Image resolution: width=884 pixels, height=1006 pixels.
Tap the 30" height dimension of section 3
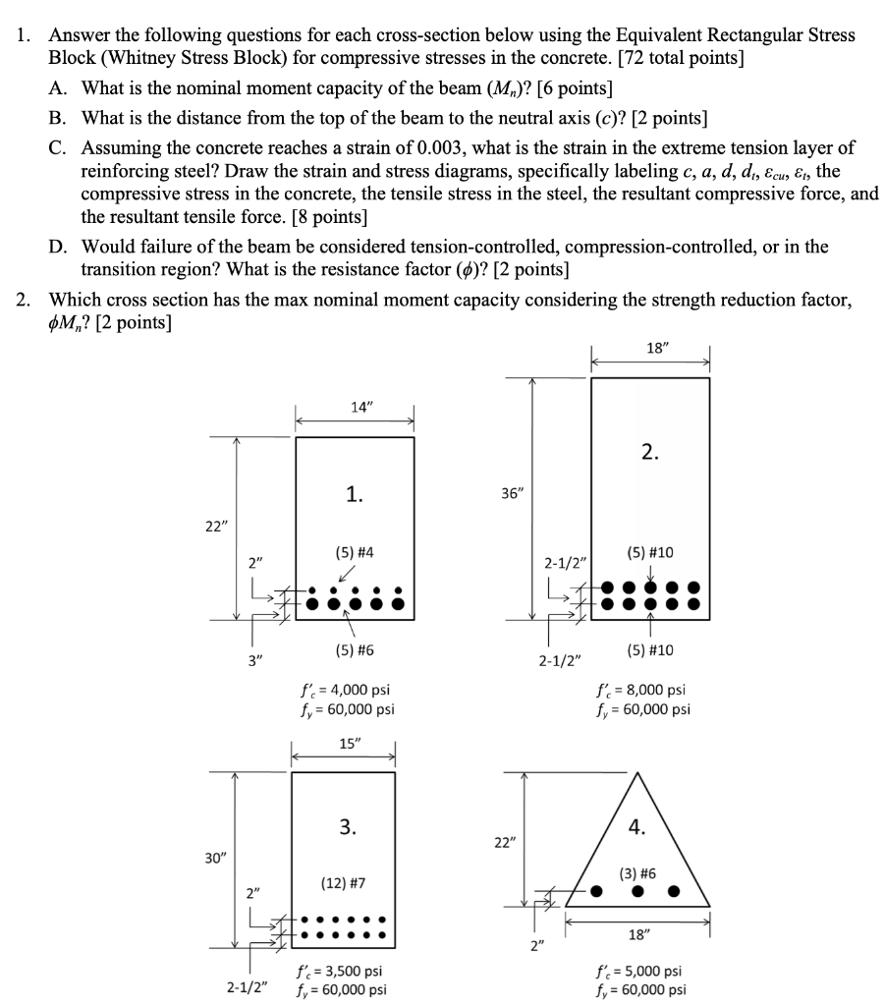[214, 858]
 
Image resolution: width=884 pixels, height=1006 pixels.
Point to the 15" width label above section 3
[349, 744]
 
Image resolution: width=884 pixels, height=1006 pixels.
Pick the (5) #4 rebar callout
[355, 555]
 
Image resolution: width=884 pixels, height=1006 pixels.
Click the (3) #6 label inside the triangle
[637, 871]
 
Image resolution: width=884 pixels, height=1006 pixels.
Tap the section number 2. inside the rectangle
[650, 452]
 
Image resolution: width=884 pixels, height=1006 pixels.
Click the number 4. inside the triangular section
[637, 827]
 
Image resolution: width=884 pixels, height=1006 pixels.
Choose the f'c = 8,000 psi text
[641, 690]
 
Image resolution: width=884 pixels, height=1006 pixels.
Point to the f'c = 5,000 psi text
[641, 971]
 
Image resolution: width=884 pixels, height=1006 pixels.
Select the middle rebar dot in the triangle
[638, 892]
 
